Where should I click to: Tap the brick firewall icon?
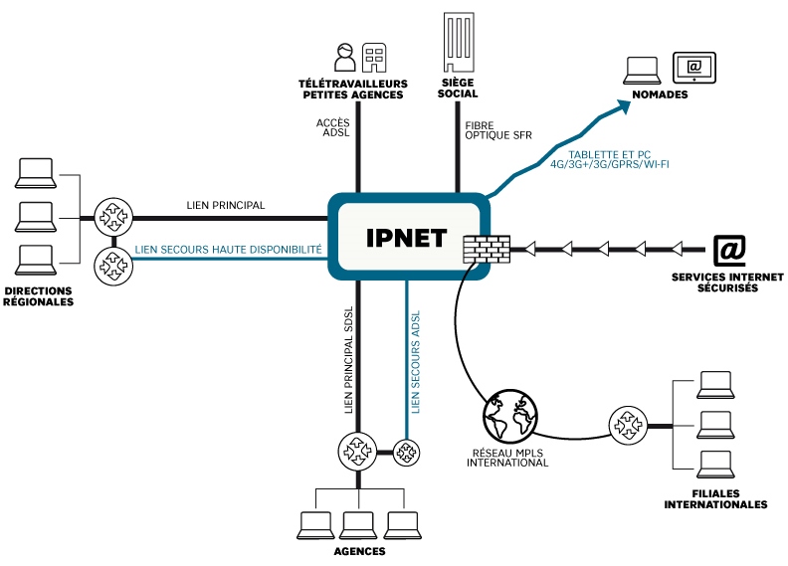pyautogui.click(x=488, y=248)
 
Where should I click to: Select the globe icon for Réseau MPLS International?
pyautogui.click(x=509, y=416)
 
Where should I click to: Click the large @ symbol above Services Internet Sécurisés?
pyautogui.click(x=729, y=250)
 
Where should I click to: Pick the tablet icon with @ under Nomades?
pyautogui.click(x=693, y=67)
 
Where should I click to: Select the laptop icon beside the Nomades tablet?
pyautogui.click(x=643, y=71)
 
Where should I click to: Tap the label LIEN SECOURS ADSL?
pyautogui.click(x=416, y=361)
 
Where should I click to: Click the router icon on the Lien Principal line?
pyautogui.click(x=109, y=216)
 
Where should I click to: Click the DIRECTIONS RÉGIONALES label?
pyautogui.click(x=40, y=296)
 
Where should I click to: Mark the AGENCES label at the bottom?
pyautogui.click(x=358, y=550)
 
